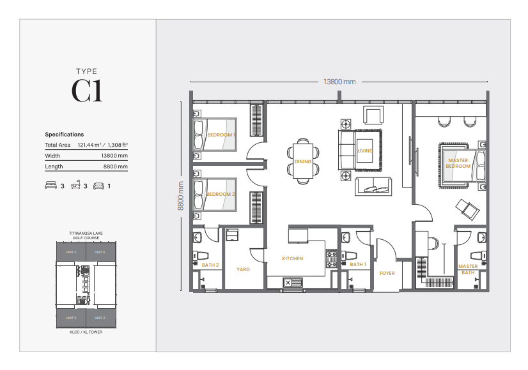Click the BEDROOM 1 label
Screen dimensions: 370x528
221,135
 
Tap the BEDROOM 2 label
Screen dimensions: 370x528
221,194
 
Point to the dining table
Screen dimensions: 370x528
303,161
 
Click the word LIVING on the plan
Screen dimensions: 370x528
365,151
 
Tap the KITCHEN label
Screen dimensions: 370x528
293,259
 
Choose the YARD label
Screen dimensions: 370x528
243,270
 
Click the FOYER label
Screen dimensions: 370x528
387,273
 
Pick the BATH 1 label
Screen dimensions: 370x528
358,264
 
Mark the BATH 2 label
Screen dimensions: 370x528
210,265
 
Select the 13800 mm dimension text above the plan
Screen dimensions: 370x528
339,82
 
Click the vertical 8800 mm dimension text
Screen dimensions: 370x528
181,195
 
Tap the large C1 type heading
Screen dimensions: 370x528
87,91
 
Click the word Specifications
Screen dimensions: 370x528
64,135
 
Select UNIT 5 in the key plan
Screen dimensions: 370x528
71,253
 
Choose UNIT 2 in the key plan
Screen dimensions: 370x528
100,317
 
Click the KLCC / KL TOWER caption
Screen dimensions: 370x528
86,332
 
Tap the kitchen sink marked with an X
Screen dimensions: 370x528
287,283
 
